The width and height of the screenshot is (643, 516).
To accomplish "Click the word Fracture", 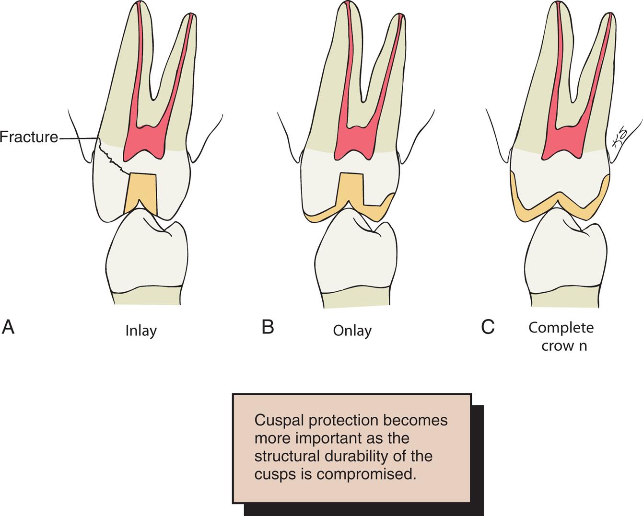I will pos(29,138).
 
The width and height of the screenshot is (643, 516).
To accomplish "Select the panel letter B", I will pos(268,327).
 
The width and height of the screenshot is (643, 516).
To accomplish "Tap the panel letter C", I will pos(488,327).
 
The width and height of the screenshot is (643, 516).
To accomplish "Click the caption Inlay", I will pos(141,331).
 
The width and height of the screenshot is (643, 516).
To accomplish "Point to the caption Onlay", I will pos(352,331).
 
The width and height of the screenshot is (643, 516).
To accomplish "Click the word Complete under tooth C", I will pos(561,328).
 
